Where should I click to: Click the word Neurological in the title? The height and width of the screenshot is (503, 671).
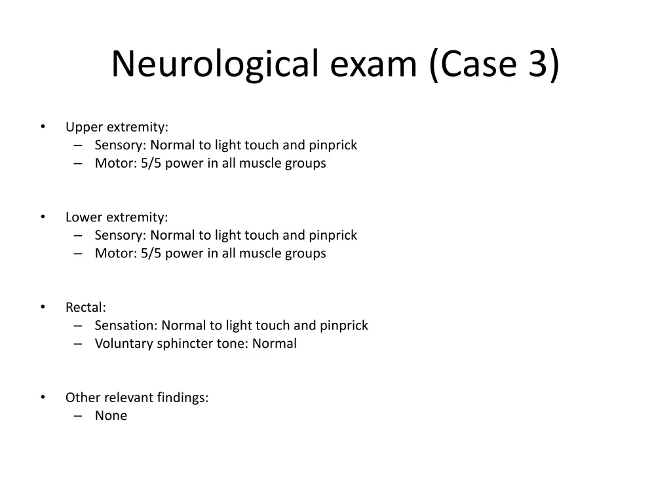tap(215, 64)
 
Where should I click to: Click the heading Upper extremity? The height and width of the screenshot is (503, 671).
tap(117, 127)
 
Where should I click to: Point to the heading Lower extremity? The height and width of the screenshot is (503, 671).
tap(117, 217)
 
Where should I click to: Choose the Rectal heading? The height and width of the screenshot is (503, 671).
tap(85, 307)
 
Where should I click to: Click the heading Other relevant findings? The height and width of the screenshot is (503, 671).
tap(137, 398)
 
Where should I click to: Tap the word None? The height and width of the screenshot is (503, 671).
tap(111, 416)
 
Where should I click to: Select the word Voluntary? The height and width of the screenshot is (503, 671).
tap(123, 344)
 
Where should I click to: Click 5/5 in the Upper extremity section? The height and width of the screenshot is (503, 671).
tap(151, 164)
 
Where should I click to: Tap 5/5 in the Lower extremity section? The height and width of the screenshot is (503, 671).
tap(151, 253)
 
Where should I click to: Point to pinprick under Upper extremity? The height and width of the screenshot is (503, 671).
tap(333, 145)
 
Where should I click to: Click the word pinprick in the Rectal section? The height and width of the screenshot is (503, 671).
tap(344, 326)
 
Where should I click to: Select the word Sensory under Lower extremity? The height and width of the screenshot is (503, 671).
tap(120, 235)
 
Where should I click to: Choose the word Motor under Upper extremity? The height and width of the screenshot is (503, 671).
tap(115, 164)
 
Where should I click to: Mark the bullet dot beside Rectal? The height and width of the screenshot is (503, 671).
tap(43, 307)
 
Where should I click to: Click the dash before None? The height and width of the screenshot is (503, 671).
tap(79, 416)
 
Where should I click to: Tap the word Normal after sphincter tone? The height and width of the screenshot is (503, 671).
tap(275, 344)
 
